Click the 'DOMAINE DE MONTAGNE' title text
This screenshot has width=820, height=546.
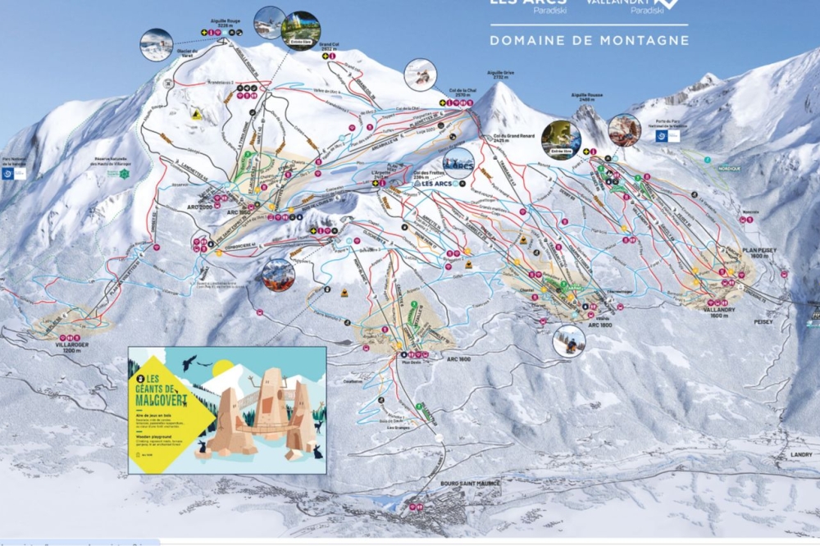click(589, 39)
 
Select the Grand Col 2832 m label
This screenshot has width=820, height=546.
click(330, 48)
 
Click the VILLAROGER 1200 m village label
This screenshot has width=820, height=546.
click(71, 339)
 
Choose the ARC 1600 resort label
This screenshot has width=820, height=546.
click(458, 358)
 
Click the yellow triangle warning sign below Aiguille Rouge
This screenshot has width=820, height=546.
click(196, 116)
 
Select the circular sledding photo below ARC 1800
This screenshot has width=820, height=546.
click(568, 340)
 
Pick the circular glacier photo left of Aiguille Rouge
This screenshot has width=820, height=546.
click(156, 45)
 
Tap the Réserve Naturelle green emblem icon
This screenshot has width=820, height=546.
click(125, 174)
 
